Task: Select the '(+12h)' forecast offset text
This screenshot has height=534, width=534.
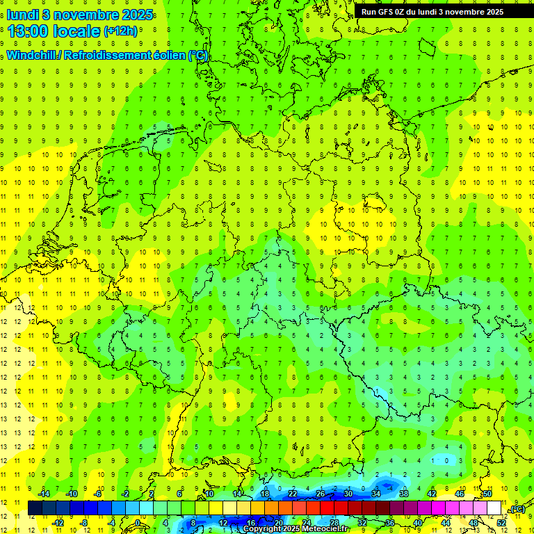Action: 120,31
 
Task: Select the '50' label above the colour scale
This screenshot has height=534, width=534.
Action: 487,494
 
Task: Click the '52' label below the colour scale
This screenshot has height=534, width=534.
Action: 501,522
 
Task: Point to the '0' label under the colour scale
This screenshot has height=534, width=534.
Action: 138,522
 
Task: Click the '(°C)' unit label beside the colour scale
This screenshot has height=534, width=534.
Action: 517,509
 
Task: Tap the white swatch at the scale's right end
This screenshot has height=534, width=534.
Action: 494,508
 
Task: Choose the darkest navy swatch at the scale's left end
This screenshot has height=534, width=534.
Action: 35,508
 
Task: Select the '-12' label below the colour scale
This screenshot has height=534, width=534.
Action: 59,522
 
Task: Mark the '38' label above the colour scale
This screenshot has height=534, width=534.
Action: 403,494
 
